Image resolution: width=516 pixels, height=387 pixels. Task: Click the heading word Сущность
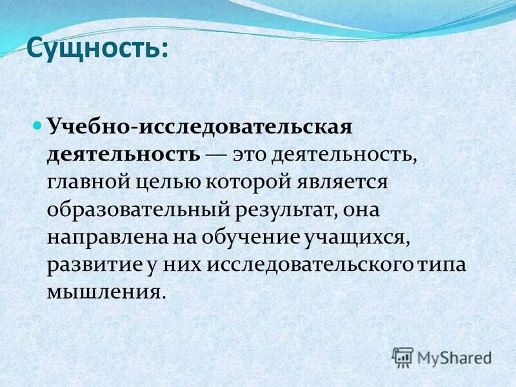(x=94, y=49)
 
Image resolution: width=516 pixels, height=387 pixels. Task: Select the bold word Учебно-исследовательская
(x=199, y=126)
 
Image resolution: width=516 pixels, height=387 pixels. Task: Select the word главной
(x=86, y=183)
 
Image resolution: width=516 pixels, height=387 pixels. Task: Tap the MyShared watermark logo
(x=442, y=357)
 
